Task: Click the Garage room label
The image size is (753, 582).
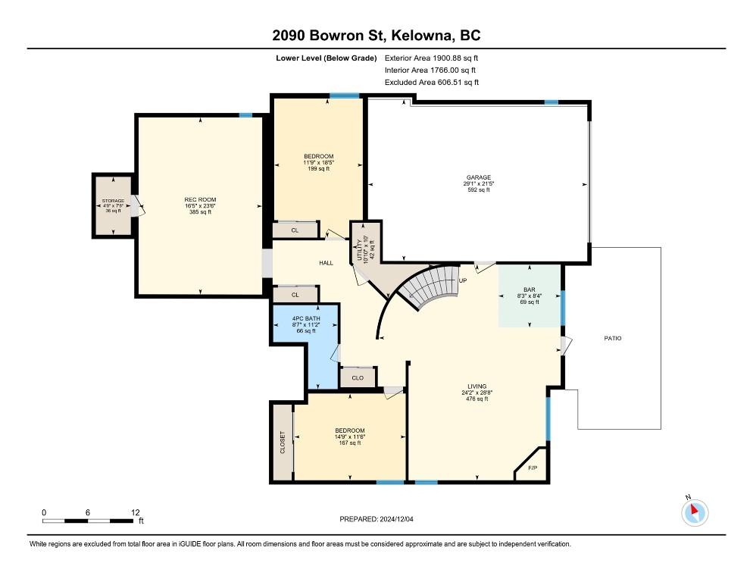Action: coord(479,177)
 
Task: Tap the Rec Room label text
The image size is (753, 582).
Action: coord(200,199)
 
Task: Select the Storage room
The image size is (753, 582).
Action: coord(114,205)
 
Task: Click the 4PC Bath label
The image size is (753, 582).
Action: coord(306,318)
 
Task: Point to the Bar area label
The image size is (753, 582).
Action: coord(530,289)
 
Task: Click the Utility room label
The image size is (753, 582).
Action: coord(360,250)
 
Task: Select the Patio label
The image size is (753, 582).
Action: coord(613,338)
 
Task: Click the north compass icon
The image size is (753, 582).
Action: coord(695,512)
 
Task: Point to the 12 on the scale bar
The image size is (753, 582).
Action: coord(135,513)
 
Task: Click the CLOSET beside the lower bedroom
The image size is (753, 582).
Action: coord(283,442)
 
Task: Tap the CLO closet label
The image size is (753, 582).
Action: coord(358,377)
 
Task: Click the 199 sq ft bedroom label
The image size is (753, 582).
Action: coord(318,162)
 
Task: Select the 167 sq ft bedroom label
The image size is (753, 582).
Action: coord(350,436)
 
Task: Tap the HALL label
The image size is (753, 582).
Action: coord(326,263)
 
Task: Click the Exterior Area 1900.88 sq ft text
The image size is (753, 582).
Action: coord(431,58)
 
